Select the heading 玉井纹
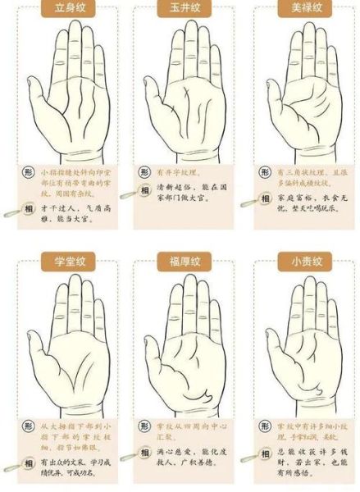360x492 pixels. click(x=180, y=9)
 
